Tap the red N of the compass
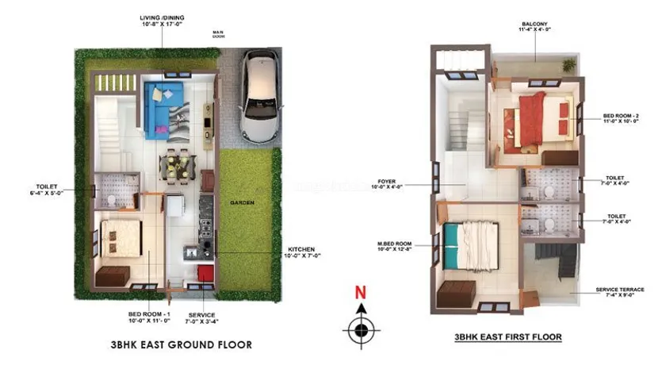360,292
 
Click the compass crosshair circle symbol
361,327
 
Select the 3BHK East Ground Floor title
182,345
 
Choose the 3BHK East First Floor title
508,337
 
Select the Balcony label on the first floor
533,28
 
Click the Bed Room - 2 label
621,120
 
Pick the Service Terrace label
621,293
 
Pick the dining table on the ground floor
176,165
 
